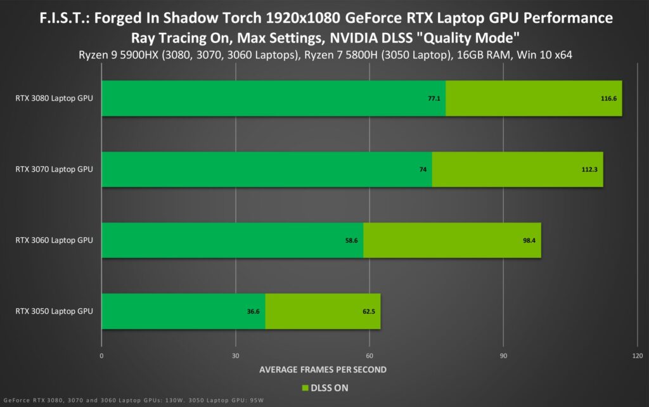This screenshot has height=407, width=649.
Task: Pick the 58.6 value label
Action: pyautogui.click(x=352, y=240)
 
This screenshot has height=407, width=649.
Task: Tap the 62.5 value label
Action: pyautogui.click(x=368, y=311)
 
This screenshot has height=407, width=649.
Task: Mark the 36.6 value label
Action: pyautogui.click(x=254, y=311)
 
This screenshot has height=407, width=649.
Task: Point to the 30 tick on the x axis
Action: pyautogui.click(x=236, y=355)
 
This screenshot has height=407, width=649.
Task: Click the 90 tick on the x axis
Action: pyautogui.click(x=503, y=355)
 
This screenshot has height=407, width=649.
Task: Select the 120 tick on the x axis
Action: pyautogui.click(x=637, y=355)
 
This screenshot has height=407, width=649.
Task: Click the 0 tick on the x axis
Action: pyautogui.click(x=102, y=355)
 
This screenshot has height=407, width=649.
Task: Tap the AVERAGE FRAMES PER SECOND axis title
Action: pyautogui.click(x=323, y=369)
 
